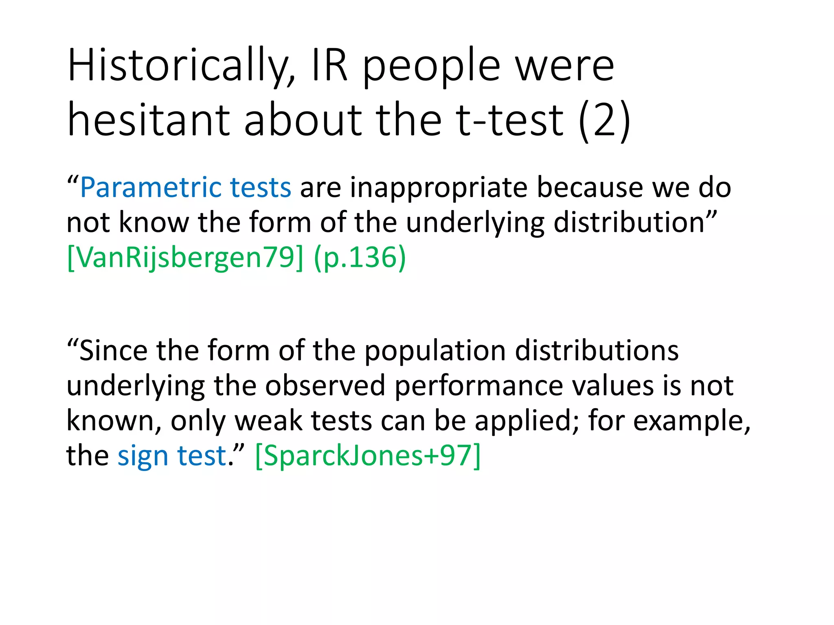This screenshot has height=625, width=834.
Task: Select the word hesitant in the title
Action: [149, 120]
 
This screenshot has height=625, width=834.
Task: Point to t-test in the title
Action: [509, 120]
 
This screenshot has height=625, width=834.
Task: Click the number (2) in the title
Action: [604, 120]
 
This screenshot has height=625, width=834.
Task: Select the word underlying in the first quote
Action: [475, 223]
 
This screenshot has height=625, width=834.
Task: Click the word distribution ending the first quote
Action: [629, 223]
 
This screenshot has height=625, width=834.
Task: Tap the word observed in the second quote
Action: [325, 386]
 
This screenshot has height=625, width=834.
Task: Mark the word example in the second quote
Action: [688, 421]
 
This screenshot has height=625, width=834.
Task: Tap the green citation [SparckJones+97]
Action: [368, 456]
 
